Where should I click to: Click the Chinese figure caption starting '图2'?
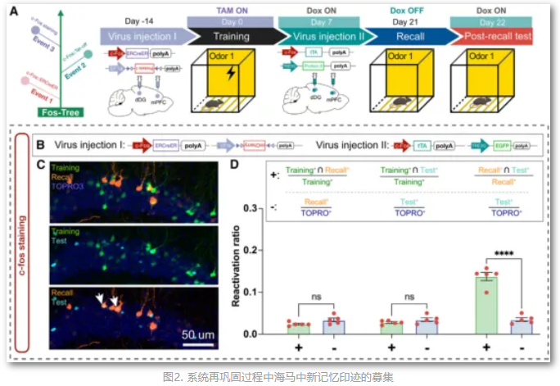pyautogui.click(x=278, y=377)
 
